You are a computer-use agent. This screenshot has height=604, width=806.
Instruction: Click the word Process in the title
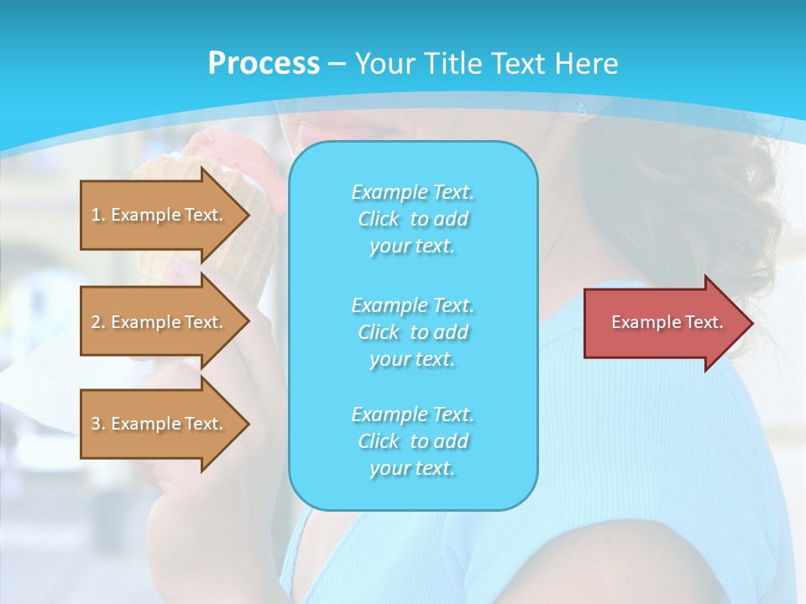[x=264, y=64]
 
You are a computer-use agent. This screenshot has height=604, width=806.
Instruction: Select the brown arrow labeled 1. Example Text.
[x=160, y=215]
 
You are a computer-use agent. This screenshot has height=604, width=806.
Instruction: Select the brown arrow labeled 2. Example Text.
[x=160, y=322]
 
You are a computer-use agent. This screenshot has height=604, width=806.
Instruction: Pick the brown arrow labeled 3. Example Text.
[x=160, y=424]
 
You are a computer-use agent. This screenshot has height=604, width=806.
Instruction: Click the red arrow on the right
[x=663, y=323]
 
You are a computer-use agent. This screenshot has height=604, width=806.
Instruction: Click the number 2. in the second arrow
[x=98, y=322]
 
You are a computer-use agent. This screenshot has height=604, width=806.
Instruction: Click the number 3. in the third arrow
[x=98, y=424]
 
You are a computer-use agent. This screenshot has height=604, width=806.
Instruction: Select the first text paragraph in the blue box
[x=412, y=219]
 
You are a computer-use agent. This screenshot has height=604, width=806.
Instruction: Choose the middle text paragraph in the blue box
[x=412, y=332]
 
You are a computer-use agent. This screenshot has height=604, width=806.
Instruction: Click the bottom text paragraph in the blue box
[x=412, y=441]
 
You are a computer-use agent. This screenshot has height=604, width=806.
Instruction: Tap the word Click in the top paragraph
[x=379, y=219]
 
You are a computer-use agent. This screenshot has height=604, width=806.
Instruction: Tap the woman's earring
[x=582, y=108]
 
